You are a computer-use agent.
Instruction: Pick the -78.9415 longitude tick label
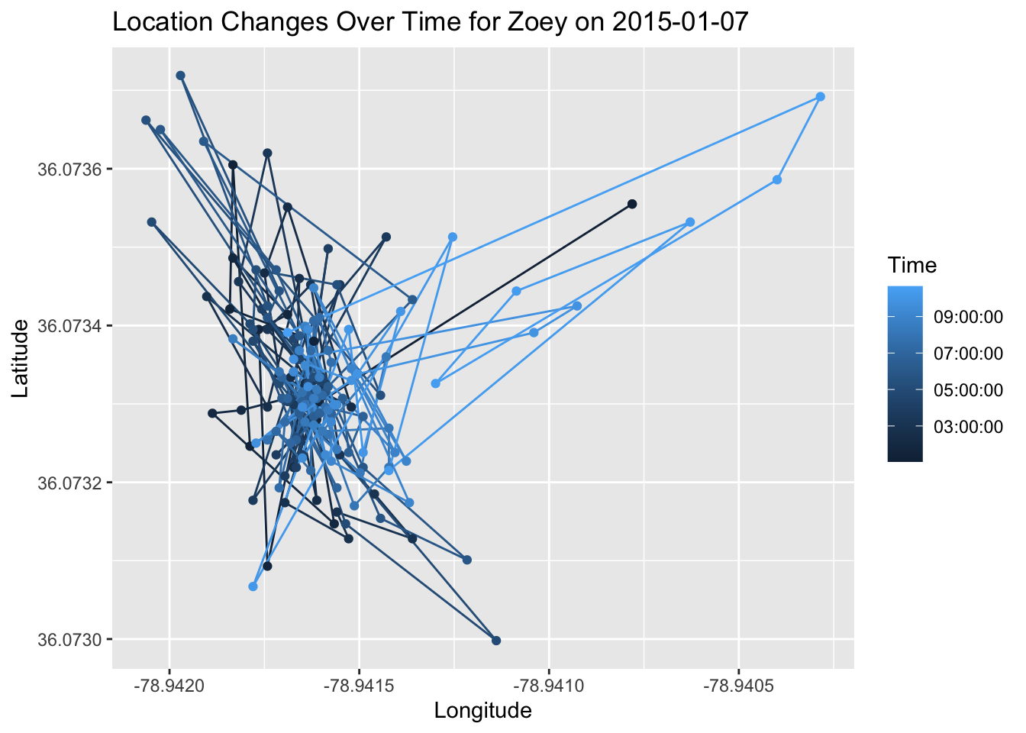click(360, 686)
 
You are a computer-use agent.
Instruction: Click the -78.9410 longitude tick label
click(549, 686)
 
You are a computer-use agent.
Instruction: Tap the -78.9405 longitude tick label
click(738, 686)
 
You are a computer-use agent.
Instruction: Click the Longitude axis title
click(482, 711)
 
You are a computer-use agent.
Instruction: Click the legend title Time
click(912, 266)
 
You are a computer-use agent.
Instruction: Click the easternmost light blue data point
click(821, 97)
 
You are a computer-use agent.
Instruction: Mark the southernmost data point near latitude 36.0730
click(496, 641)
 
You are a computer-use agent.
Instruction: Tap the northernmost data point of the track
click(180, 76)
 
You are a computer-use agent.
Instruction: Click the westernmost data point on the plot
click(146, 120)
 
